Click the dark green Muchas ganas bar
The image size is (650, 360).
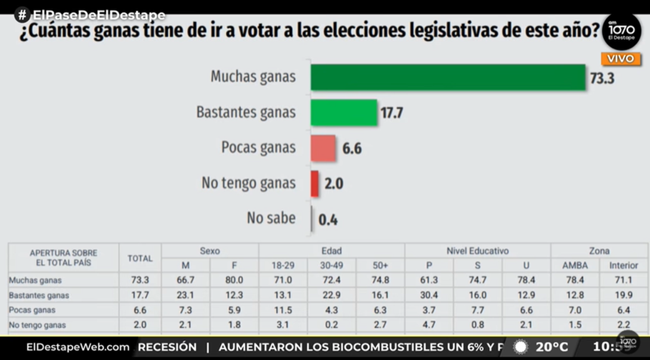[x=447, y=77]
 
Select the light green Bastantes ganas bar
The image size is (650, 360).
[x=344, y=112]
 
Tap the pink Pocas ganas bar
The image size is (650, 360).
[x=323, y=148]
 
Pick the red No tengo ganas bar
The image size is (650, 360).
[x=314, y=184]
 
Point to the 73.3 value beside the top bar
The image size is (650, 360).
[x=602, y=78]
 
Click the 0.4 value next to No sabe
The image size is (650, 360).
[x=328, y=219]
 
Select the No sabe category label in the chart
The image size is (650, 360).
[x=271, y=218]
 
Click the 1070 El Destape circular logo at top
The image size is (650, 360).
[x=621, y=32]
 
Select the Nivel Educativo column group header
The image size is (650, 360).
[x=477, y=251]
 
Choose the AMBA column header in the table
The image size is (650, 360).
[x=575, y=265]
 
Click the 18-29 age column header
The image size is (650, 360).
[x=283, y=265]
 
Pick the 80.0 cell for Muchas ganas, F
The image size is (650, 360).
[x=234, y=280]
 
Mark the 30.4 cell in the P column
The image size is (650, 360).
[x=429, y=295]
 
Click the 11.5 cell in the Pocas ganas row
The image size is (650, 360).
[x=283, y=310]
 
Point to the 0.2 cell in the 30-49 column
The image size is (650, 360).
[x=332, y=325]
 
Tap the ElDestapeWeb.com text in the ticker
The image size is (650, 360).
[x=78, y=347]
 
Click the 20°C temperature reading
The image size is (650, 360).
[x=551, y=347]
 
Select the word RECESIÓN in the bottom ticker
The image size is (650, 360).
[x=168, y=347]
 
